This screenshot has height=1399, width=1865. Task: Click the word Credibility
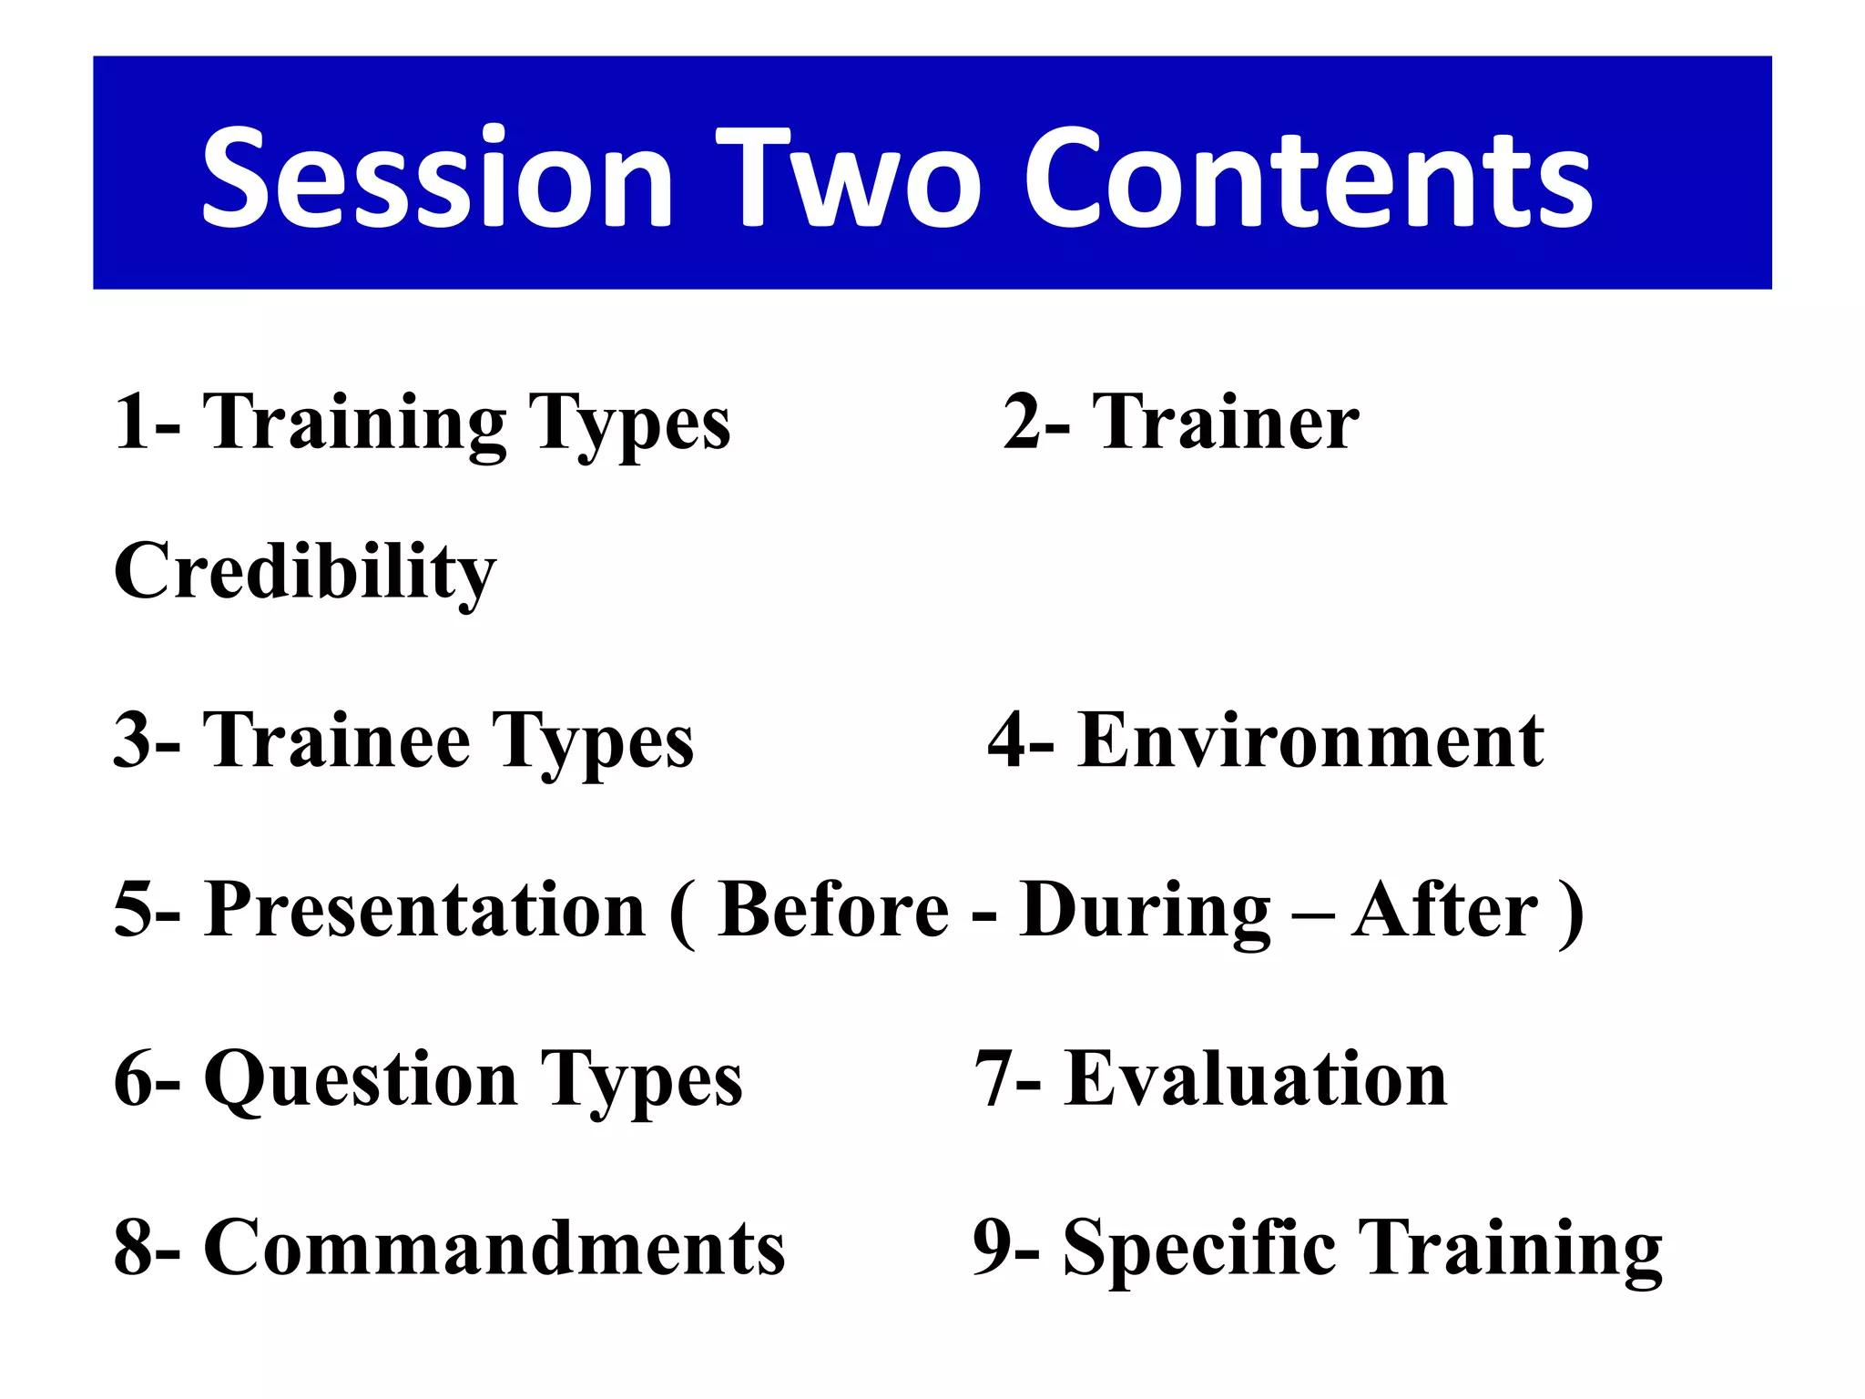[305, 572]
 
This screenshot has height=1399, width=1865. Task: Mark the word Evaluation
[1256, 1079]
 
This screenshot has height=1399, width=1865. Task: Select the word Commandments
[494, 1247]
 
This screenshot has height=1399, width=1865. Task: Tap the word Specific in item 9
[1199, 1247]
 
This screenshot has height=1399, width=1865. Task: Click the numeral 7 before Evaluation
[994, 1079]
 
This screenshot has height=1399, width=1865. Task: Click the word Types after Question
[641, 1082]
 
